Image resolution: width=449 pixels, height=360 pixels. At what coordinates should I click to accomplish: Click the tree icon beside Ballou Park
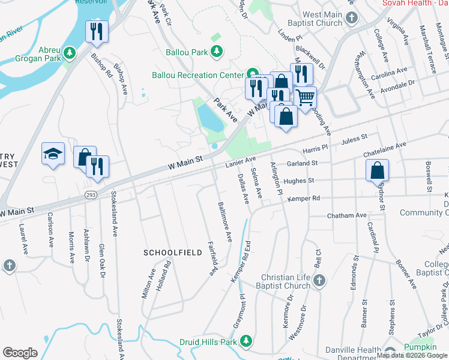coord(217,52)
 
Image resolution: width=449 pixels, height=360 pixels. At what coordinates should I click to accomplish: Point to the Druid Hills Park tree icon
coord(246,341)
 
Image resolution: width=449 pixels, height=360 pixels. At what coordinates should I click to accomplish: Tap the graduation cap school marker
coord(53,154)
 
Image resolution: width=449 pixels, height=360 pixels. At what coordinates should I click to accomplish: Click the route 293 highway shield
coord(90,194)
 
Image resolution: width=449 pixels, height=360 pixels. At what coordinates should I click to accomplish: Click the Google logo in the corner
coord(20,352)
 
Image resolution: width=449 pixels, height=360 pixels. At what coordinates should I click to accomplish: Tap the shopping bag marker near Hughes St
coord(376,171)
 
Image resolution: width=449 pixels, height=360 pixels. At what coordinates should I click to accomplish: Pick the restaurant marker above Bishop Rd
coord(97,31)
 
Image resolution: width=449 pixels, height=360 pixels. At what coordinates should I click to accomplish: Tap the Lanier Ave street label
coord(241,161)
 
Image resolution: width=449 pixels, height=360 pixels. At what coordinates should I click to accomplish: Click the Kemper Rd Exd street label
coord(240,262)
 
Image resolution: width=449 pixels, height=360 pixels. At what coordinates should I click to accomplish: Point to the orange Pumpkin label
coord(420,347)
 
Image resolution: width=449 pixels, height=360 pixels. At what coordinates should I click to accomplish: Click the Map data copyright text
coord(411,355)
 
